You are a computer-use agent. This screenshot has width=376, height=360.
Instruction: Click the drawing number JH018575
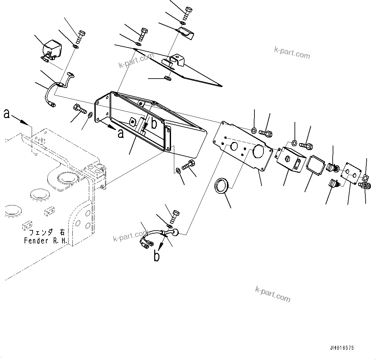(342, 348)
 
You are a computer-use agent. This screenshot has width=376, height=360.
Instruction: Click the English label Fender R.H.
(45, 241)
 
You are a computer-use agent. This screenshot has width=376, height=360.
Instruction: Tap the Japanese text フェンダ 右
(47, 233)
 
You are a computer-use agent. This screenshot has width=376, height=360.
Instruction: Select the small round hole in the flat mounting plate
(234, 146)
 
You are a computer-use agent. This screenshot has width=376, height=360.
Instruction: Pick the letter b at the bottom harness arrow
(156, 256)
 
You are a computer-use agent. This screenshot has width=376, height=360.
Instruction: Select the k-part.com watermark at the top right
(292, 53)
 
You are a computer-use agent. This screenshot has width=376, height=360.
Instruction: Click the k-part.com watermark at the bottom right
(273, 294)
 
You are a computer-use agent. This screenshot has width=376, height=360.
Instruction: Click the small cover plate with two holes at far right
(350, 174)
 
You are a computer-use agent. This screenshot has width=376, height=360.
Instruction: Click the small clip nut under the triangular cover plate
(167, 78)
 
